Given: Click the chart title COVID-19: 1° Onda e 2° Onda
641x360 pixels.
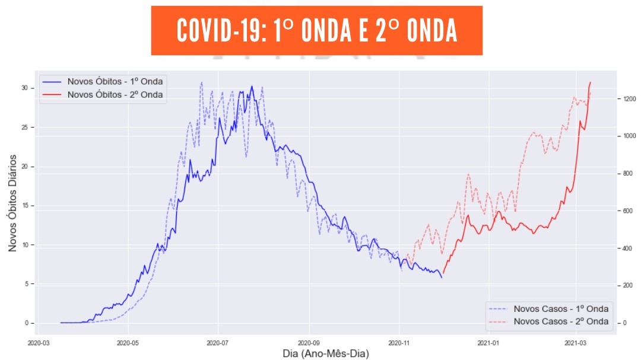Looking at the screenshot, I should click(x=316, y=31).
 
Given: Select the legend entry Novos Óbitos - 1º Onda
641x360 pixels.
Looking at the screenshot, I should click(x=115, y=81).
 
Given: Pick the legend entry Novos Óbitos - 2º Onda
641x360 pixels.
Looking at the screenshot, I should click(x=115, y=94).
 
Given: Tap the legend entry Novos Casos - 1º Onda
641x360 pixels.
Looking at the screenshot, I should click(x=561, y=308).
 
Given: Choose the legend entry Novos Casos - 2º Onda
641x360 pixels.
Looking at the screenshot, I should click(x=561, y=321).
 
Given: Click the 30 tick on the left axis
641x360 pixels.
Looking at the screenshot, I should click(x=25, y=88).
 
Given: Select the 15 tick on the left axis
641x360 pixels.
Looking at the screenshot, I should click(x=25, y=206).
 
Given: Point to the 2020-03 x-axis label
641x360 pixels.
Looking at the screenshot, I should click(x=39, y=342).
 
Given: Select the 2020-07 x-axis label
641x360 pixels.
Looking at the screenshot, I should click(x=218, y=342).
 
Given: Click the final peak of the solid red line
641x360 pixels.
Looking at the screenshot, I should click(x=591, y=82).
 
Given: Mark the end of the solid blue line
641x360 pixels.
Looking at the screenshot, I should click(x=442, y=278).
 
